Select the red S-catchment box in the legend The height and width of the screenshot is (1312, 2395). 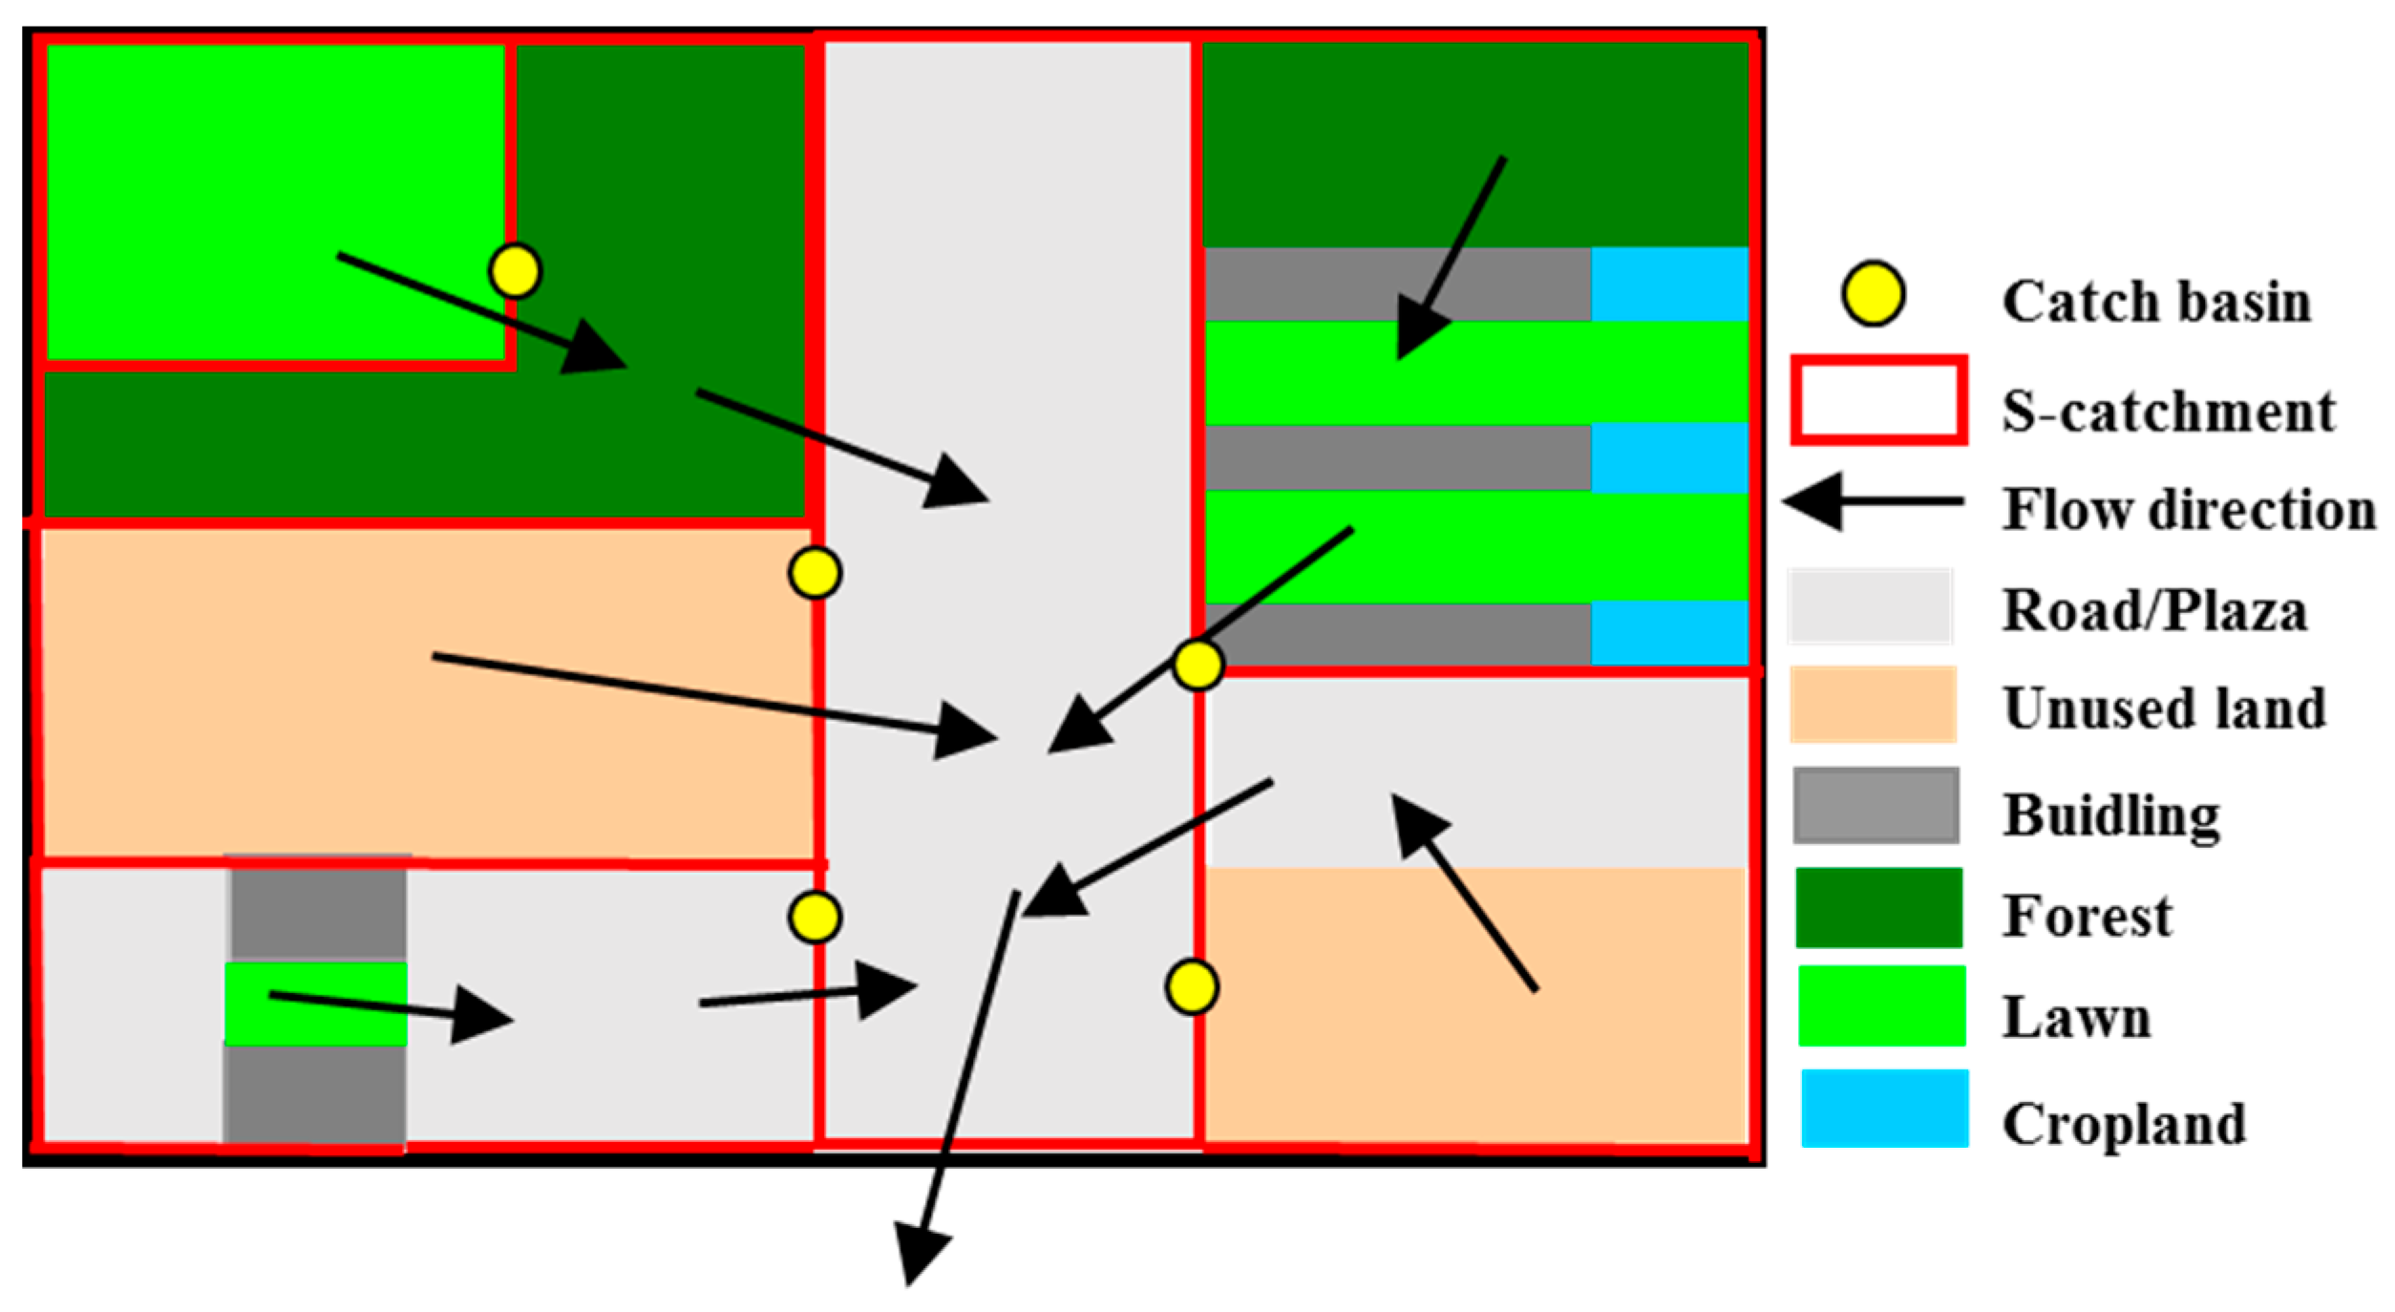[1878, 400]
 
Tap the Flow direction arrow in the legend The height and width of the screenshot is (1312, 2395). [1872, 500]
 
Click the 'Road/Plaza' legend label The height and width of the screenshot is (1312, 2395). [2154, 610]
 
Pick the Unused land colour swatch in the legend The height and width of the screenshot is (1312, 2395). [1873, 705]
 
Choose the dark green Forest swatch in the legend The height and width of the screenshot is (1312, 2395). [1877, 907]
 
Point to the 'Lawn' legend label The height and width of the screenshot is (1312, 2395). [2076, 1017]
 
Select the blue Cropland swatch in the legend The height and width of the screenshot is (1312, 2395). [1884, 1108]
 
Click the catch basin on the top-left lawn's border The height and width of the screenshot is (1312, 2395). [515, 270]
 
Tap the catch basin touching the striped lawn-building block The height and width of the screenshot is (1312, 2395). [1197, 664]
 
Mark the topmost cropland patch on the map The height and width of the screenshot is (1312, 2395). [1669, 284]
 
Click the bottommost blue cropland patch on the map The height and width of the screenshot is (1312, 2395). [1669, 632]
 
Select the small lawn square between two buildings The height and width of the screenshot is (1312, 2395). [316, 1004]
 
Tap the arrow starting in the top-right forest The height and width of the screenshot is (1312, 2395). [1452, 258]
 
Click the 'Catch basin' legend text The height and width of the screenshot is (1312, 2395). [2156, 302]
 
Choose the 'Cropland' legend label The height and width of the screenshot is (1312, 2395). [2124, 1124]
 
